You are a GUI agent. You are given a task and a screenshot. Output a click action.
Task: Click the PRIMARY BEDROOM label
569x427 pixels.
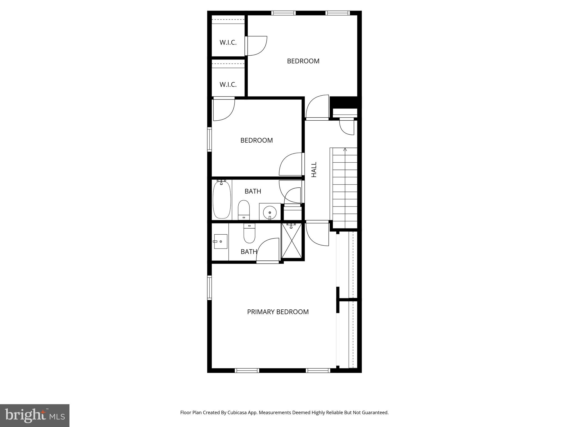[x=278, y=312]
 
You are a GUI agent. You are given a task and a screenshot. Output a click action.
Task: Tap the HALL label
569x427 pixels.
[x=314, y=170]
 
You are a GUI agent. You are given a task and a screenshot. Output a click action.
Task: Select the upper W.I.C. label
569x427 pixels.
[x=228, y=43]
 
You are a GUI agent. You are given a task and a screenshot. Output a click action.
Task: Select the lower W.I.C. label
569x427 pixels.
[x=228, y=85]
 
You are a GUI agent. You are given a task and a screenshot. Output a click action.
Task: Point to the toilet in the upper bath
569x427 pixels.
[x=244, y=210]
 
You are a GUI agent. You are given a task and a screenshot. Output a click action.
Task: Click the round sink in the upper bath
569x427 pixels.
[x=270, y=212]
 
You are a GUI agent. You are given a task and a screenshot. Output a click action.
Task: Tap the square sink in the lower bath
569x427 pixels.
[x=221, y=241]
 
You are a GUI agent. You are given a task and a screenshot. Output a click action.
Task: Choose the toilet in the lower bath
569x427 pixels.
[x=249, y=233]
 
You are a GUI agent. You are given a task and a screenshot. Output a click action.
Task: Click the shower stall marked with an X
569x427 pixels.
[x=291, y=241]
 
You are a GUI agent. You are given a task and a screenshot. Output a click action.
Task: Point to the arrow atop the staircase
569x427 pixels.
[x=345, y=150]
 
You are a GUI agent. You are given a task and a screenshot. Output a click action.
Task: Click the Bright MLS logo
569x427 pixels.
[x=35, y=416]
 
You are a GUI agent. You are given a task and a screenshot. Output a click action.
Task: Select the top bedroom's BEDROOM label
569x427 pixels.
[x=303, y=61]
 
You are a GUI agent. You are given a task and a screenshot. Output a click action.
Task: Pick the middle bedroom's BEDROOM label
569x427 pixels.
[x=256, y=140]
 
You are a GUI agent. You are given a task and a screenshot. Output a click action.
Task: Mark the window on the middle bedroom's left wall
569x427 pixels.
[x=209, y=139]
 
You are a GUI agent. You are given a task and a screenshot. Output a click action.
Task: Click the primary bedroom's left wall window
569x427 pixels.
[x=209, y=287]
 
